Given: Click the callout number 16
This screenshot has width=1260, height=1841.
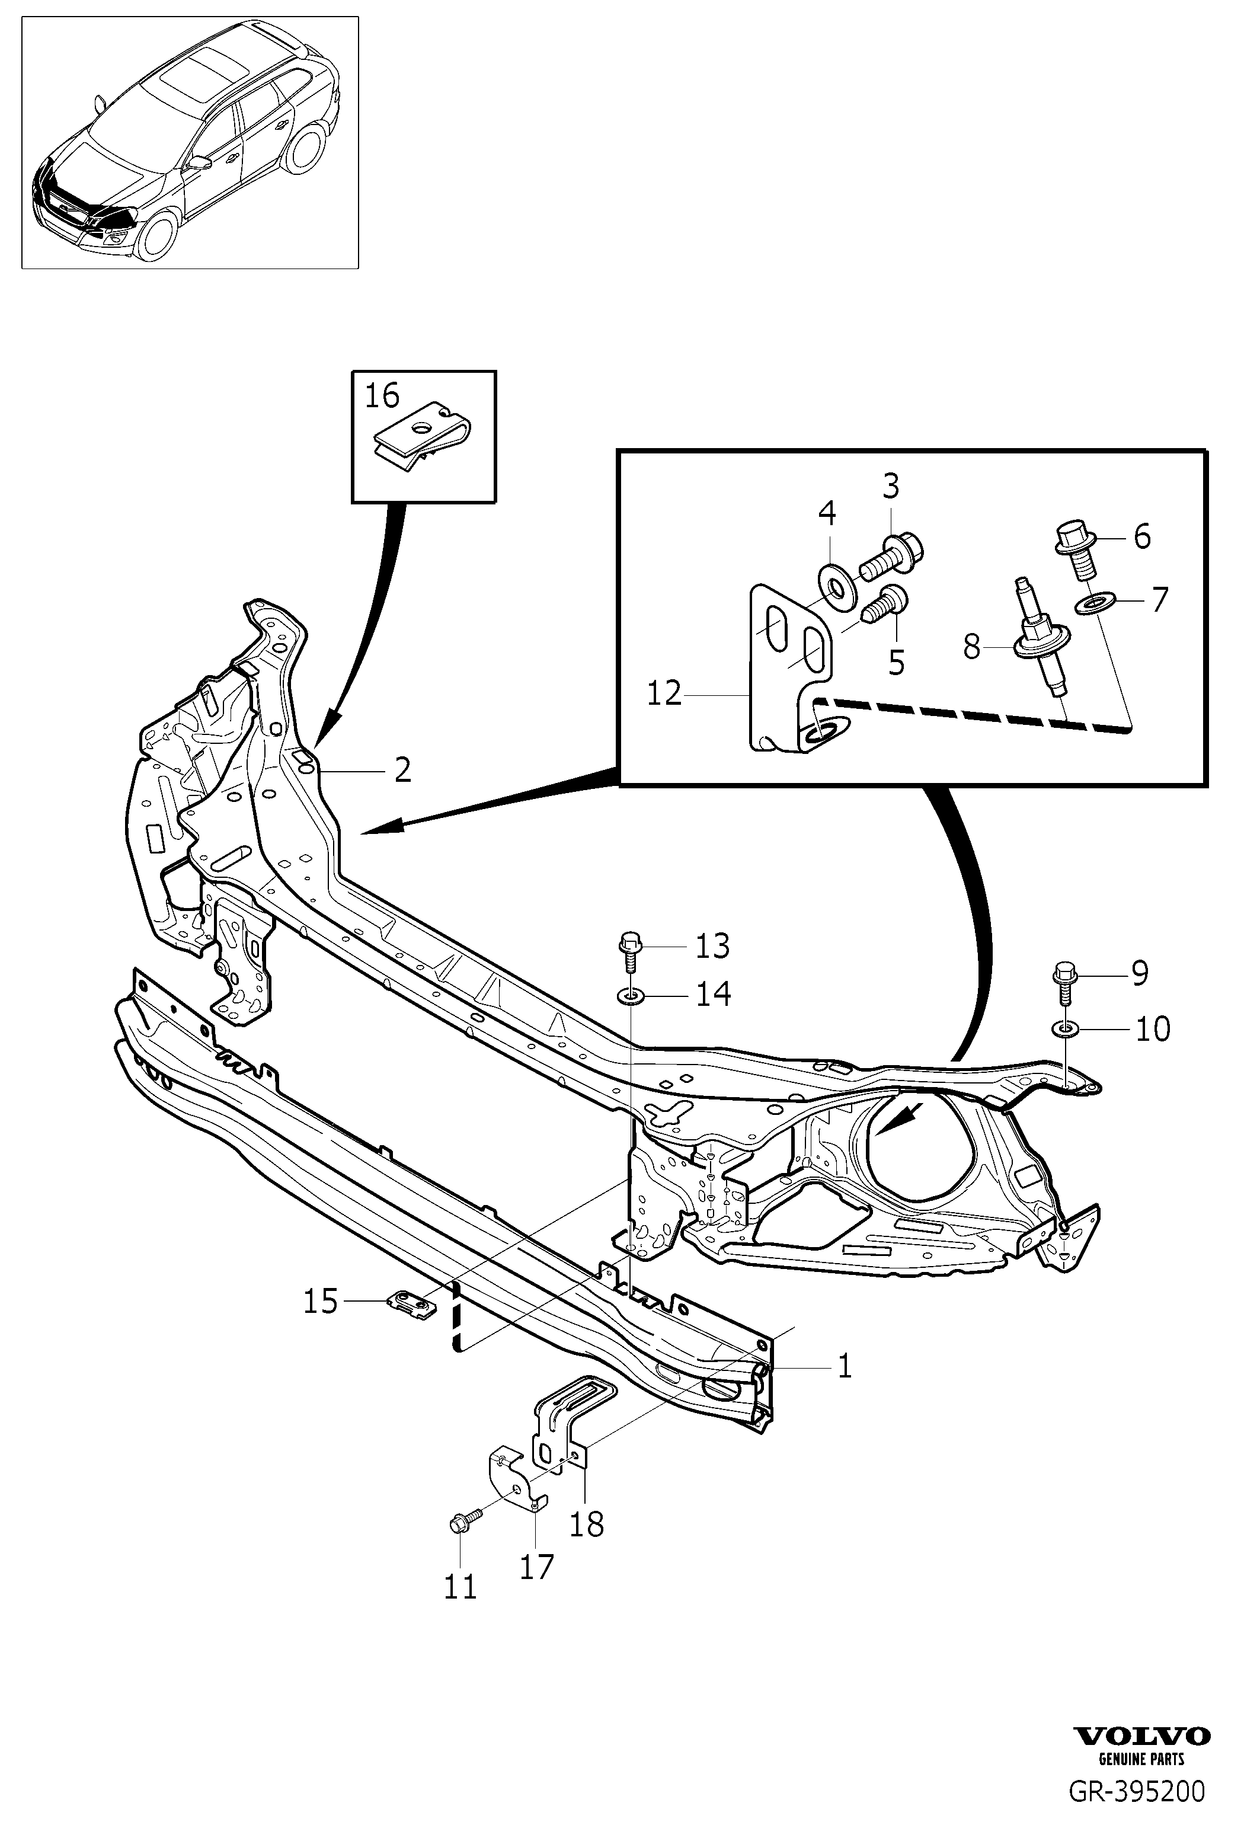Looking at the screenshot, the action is [x=382, y=396].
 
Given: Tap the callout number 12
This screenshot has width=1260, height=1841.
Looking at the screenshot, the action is [x=664, y=695].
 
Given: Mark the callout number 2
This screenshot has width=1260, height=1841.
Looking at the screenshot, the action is [x=403, y=769].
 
